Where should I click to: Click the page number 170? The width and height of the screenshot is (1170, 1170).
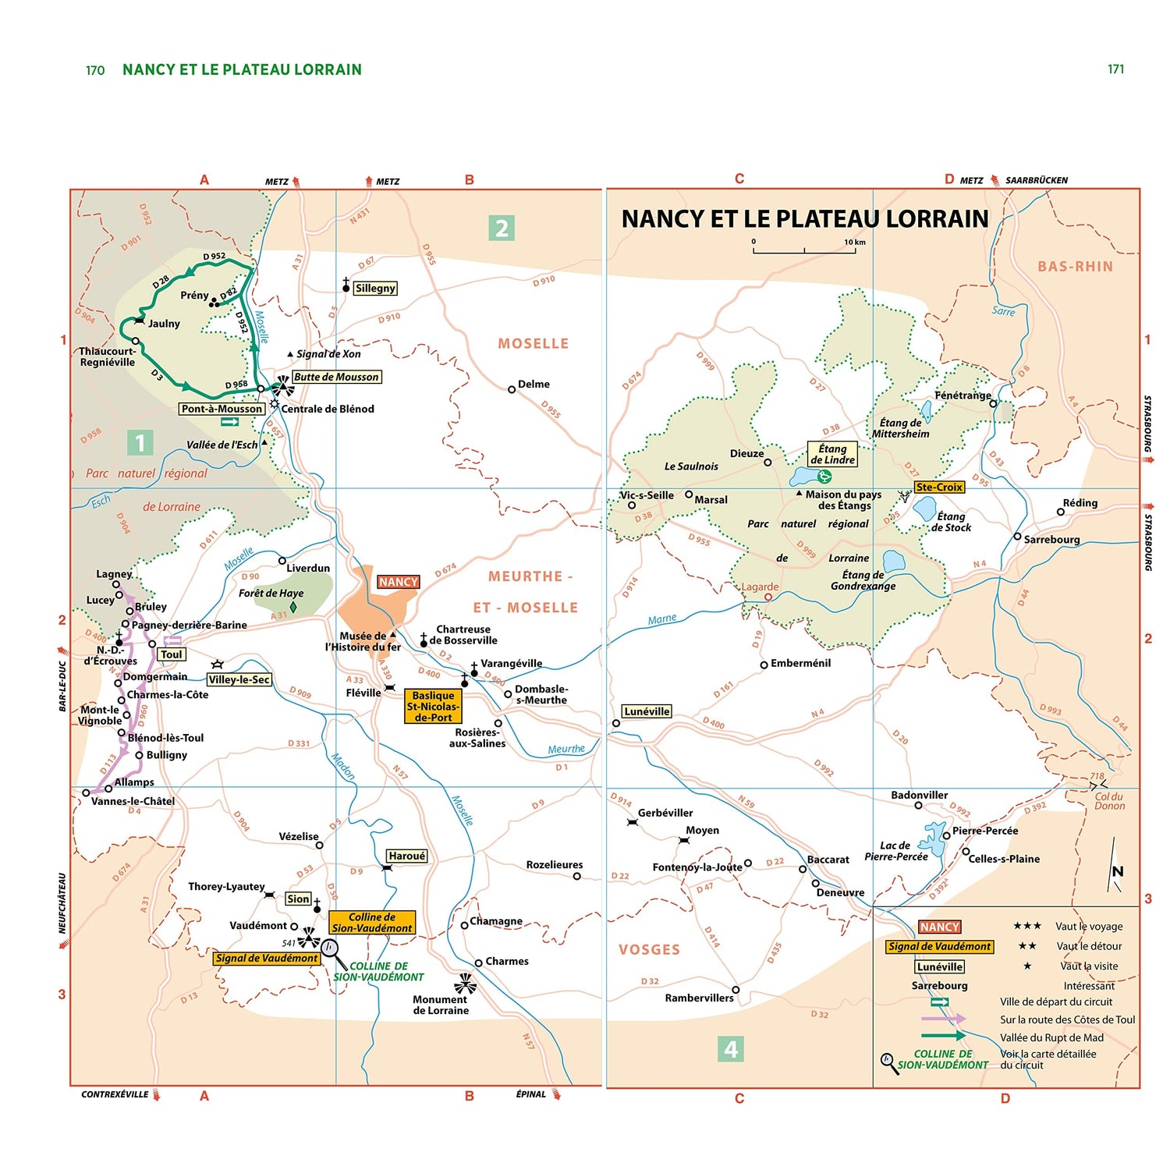[x=95, y=70]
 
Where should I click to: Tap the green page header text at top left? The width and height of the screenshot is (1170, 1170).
[x=242, y=69]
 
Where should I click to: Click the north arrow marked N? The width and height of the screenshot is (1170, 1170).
[x=1116, y=867]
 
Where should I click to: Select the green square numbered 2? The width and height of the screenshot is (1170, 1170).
[x=502, y=228]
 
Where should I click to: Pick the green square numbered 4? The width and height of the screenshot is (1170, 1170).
[x=730, y=1049]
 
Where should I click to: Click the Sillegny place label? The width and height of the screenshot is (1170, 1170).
[x=375, y=288]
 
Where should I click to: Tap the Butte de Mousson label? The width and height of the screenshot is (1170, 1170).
[x=336, y=377]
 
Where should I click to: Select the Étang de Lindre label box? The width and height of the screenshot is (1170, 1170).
[x=832, y=454]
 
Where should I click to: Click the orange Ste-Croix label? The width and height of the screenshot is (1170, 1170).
[x=939, y=487]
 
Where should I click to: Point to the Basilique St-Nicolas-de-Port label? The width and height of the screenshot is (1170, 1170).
[x=433, y=706]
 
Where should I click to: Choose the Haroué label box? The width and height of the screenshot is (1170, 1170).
[x=406, y=856]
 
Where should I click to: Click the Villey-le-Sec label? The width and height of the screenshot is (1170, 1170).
[x=239, y=679]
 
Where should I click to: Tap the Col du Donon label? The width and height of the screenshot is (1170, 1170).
[x=1109, y=801]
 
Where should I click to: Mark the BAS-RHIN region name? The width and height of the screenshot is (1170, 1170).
[x=1075, y=267]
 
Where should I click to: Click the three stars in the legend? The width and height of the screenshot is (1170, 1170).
[x=1027, y=926]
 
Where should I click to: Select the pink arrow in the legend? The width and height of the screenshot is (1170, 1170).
[x=943, y=1019]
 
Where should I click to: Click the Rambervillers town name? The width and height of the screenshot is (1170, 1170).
[x=699, y=998]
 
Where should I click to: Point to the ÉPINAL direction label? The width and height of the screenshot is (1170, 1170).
[x=531, y=1094]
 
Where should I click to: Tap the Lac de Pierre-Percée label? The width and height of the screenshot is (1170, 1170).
[x=895, y=851]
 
